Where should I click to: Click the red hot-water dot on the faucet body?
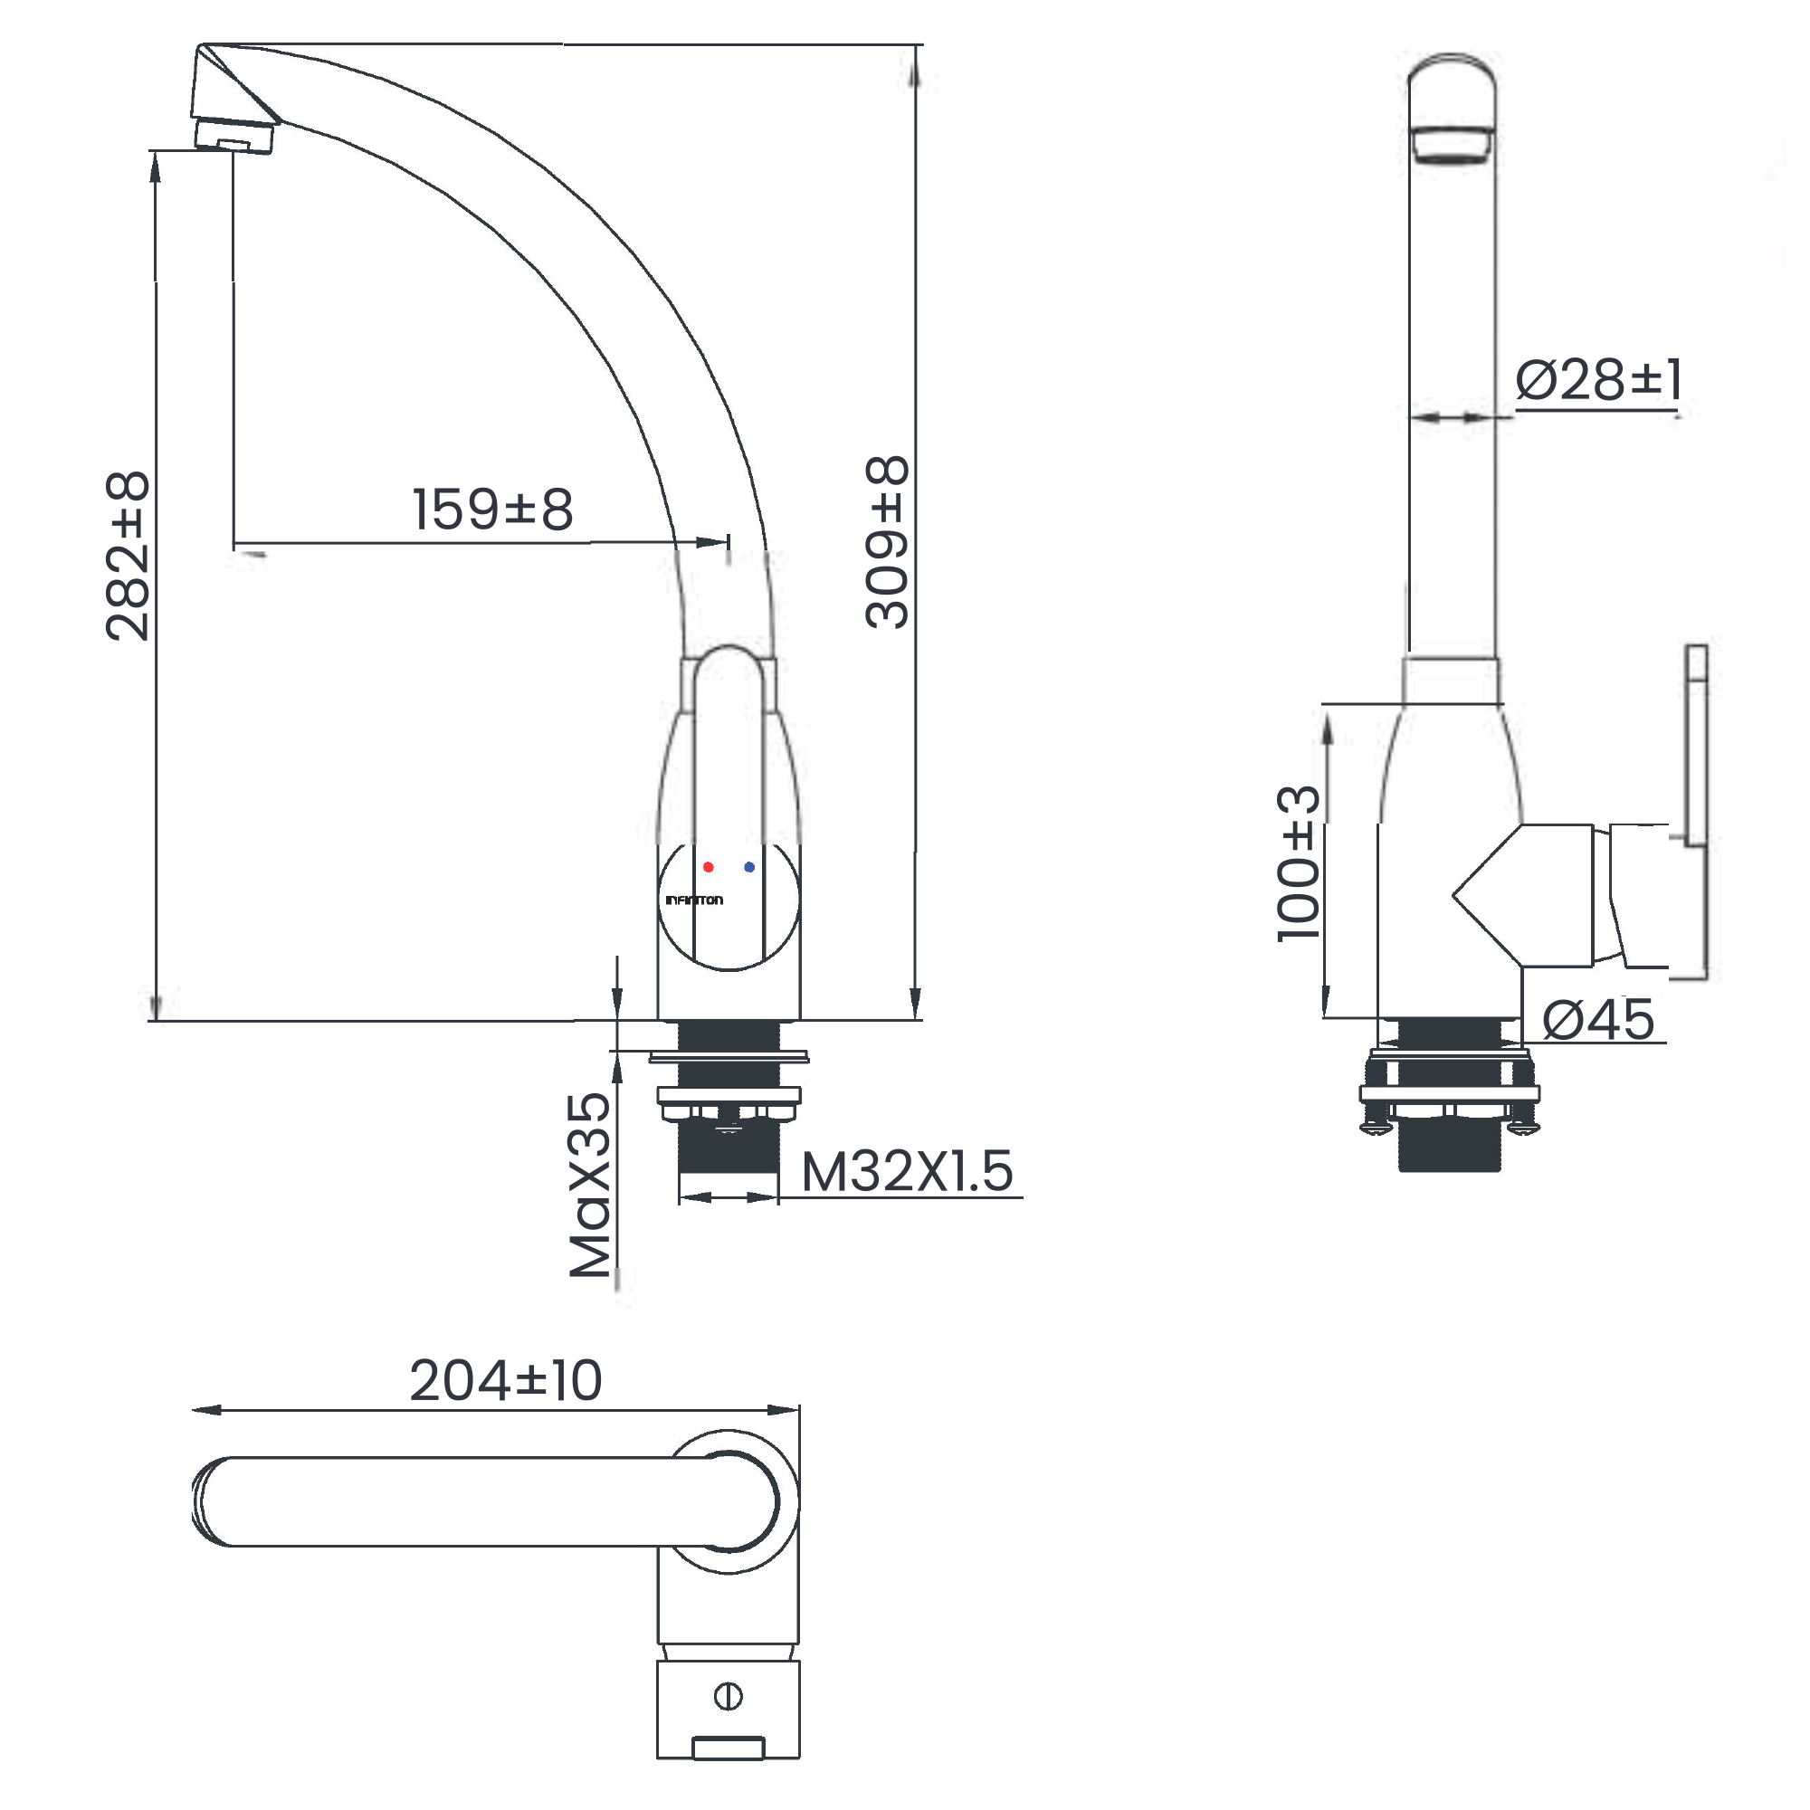(x=709, y=867)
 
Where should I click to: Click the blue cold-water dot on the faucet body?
(x=749, y=867)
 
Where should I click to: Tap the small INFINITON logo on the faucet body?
(x=694, y=900)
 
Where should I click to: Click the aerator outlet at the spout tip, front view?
(x=233, y=138)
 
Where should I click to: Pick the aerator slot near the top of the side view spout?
(x=1452, y=145)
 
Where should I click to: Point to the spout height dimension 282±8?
(x=128, y=557)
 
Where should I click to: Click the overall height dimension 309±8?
(x=886, y=541)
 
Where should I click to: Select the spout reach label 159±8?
(x=493, y=509)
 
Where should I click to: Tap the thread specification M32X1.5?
(x=907, y=1171)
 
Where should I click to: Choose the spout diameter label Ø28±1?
(x=1598, y=379)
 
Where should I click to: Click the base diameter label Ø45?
(x=1598, y=1019)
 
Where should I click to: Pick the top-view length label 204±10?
(x=506, y=1380)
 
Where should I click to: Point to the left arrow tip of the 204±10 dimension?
(x=192, y=1410)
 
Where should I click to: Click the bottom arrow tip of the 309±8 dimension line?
(x=915, y=1019)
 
